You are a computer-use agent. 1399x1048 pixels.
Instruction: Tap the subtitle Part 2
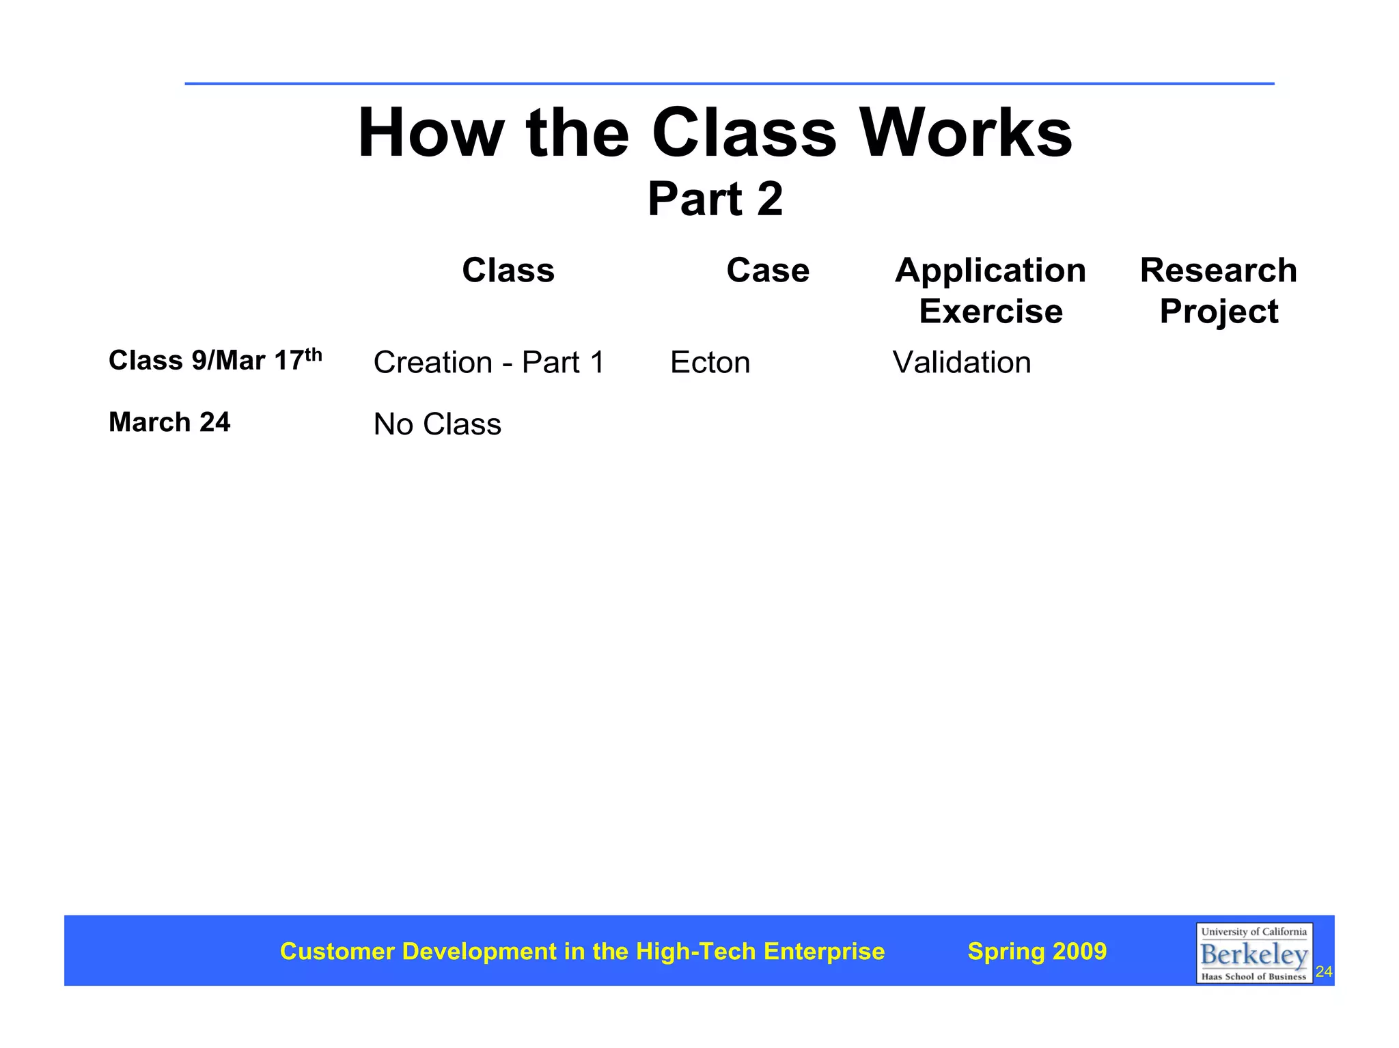tap(715, 199)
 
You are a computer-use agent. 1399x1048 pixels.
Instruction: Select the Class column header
tap(508, 271)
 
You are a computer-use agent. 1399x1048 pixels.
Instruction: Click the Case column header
tap(768, 271)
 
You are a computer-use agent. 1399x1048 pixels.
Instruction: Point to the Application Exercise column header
tap(991, 290)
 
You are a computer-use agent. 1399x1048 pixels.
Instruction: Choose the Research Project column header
tap(1219, 290)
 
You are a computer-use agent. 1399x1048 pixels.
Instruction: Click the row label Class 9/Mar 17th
tap(215, 360)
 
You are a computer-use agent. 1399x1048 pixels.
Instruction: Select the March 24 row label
tap(169, 422)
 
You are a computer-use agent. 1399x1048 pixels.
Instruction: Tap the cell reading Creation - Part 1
tap(489, 362)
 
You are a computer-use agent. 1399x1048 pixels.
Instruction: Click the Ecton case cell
tap(710, 362)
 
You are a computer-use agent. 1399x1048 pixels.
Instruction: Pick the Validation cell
tap(962, 362)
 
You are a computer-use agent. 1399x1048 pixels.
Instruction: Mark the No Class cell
tap(437, 424)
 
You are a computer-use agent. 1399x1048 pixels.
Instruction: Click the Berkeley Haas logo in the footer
tap(1253, 953)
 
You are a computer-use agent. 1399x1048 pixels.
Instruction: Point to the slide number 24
tap(1324, 971)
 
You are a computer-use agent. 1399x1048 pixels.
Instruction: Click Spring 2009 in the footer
tap(1037, 951)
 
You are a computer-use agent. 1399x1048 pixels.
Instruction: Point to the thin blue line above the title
tap(729, 83)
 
